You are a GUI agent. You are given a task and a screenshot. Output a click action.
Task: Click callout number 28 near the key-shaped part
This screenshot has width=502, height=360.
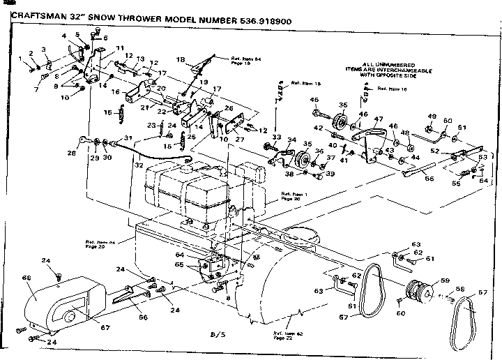pos(70,152)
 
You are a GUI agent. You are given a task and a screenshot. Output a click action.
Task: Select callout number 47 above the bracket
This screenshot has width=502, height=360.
pos(379,119)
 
